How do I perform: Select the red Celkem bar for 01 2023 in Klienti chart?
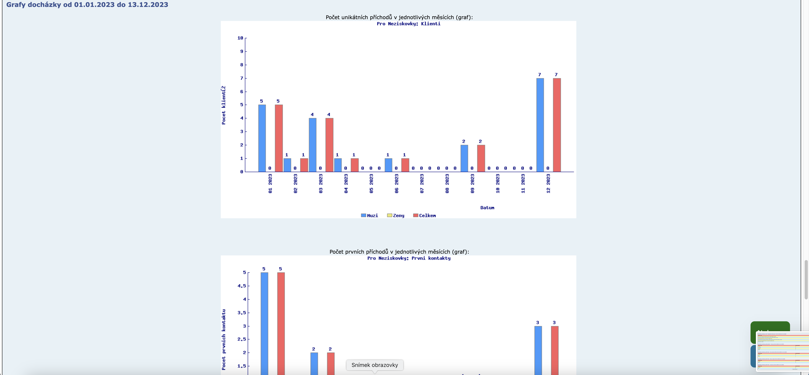pyautogui.click(x=278, y=138)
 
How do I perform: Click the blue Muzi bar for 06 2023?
pyautogui.click(x=389, y=165)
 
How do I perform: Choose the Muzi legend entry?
pyautogui.click(x=370, y=216)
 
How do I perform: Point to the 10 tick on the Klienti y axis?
pyautogui.click(x=240, y=38)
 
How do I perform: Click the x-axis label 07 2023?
pyautogui.click(x=422, y=184)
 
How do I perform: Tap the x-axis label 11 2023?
pyautogui.click(x=523, y=184)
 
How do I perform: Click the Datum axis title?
pyautogui.click(x=487, y=208)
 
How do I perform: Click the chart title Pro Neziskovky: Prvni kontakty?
pyautogui.click(x=409, y=258)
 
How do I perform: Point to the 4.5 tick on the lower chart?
pyautogui.click(x=242, y=286)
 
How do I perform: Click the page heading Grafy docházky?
pyautogui.click(x=87, y=5)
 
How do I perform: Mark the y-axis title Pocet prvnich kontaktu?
pyautogui.click(x=224, y=339)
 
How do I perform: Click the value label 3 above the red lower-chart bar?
pyautogui.click(x=554, y=322)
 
